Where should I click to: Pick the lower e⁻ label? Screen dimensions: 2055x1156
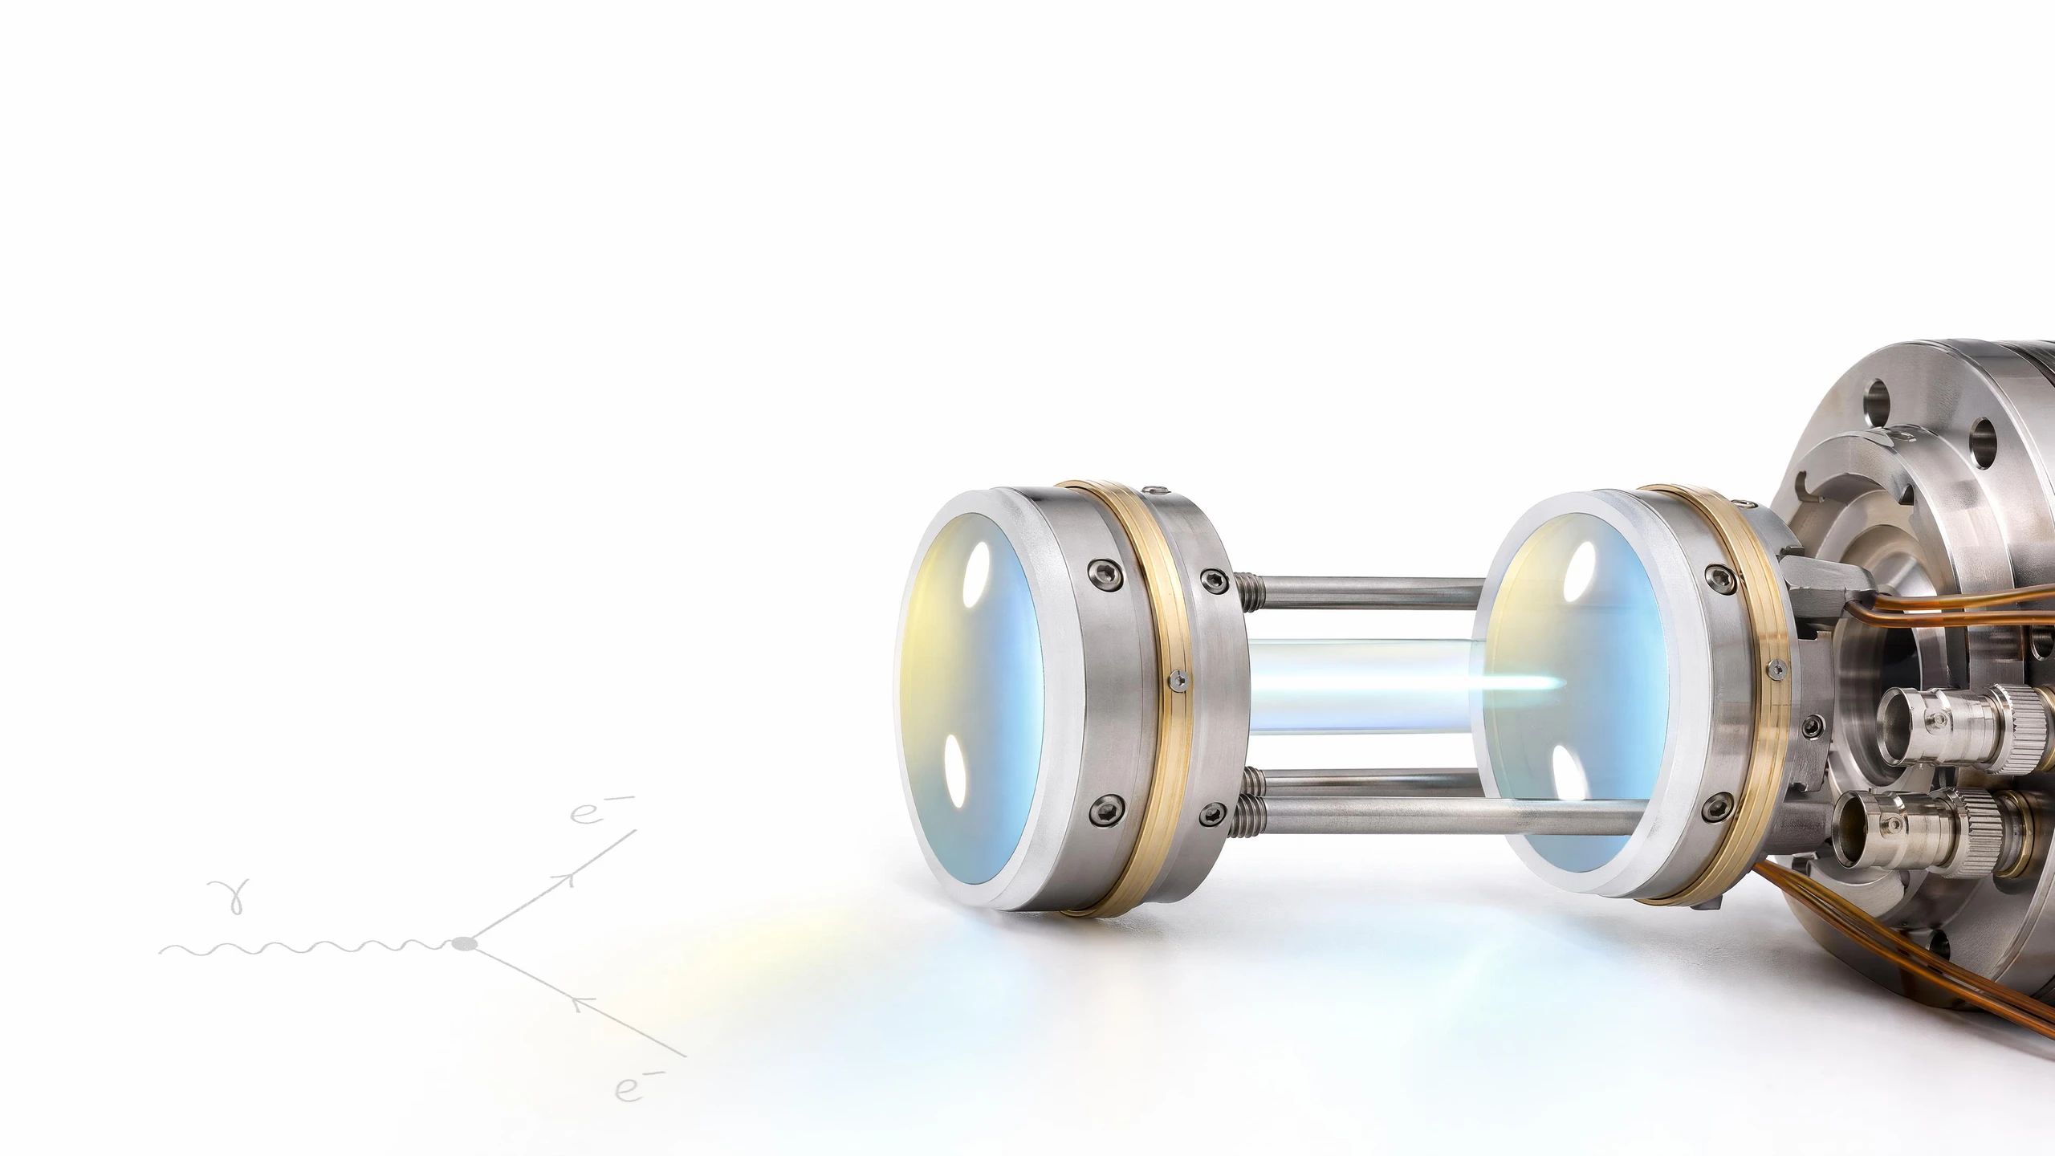(x=639, y=1089)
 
